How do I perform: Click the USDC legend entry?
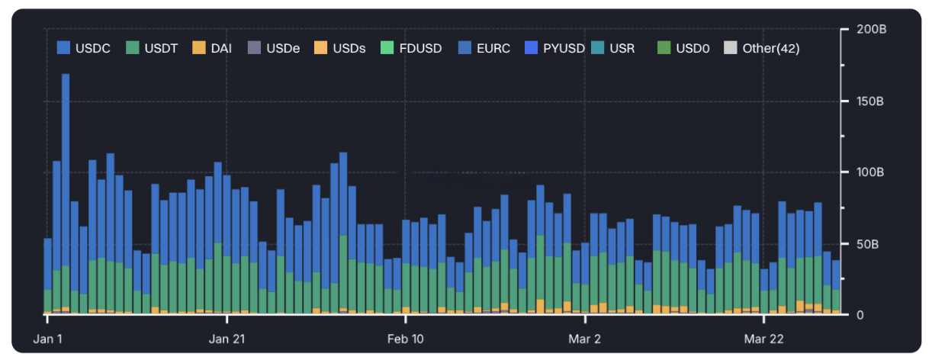pos(84,48)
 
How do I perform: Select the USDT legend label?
pos(152,48)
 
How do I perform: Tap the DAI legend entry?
pos(212,48)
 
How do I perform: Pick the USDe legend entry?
pos(273,48)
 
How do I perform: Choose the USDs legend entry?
pos(340,48)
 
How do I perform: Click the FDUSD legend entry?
pos(411,48)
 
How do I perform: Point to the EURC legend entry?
pos(484,48)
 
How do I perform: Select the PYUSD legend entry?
pos(554,48)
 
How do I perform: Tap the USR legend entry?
pos(613,48)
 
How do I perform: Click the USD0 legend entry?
pos(683,48)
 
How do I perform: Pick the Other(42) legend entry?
pos(761,48)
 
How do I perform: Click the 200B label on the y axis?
pos(871,29)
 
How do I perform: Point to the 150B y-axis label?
pos(870,101)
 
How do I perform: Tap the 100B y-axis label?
pos(870,172)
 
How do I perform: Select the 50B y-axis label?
pos(867,244)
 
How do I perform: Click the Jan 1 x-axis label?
pos(48,339)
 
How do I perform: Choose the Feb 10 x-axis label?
pos(405,339)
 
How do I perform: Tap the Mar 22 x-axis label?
pos(764,339)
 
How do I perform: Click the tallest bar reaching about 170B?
pos(66,194)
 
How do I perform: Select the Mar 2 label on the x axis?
pos(584,339)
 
